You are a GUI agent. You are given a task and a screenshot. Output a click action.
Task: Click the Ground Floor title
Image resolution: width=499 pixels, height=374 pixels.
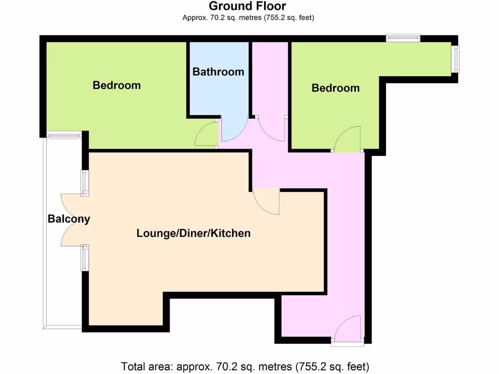click(x=248, y=6)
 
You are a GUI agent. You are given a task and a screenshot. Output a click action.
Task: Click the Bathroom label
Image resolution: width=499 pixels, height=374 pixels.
click(x=218, y=72)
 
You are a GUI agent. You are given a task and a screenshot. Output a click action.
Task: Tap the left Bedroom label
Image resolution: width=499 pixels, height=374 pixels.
click(x=116, y=85)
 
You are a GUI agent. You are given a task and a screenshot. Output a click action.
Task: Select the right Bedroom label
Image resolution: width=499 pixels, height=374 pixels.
click(x=336, y=88)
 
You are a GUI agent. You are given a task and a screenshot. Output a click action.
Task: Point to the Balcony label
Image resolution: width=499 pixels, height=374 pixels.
click(x=69, y=219)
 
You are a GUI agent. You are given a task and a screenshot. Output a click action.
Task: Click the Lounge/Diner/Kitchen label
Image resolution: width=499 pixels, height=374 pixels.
click(x=193, y=233)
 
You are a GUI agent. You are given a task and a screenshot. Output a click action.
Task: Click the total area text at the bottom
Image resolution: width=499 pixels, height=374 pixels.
click(x=245, y=366)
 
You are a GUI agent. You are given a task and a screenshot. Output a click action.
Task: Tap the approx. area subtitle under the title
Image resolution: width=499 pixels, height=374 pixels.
click(x=248, y=18)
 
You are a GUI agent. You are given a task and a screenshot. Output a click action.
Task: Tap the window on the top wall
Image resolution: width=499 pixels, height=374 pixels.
click(x=403, y=37)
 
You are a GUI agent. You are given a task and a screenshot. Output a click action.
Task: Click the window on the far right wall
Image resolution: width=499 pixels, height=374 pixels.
click(x=456, y=59)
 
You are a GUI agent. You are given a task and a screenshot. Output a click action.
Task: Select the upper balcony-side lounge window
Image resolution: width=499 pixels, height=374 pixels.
click(x=84, y=183)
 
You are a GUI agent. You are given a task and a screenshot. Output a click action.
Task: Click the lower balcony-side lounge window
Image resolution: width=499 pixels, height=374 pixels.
click(x=84, y=258)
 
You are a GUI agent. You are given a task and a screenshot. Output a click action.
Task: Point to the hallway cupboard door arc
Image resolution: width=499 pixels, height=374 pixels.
click(x=270, y=130)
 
